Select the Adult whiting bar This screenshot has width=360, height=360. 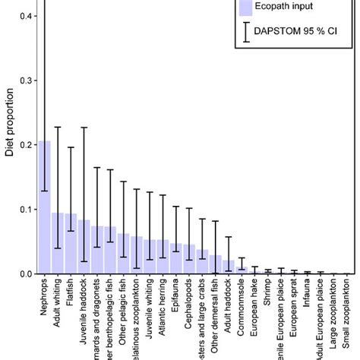[x=58, y=243]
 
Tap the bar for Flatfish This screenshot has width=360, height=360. [x=71, y=244]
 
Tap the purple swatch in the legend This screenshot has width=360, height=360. [x=245, y=8]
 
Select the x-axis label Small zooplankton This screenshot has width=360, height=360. [x=347, y=316]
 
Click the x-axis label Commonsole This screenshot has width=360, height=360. [x=242, y=305]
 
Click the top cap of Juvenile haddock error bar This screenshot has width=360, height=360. [x=84, y=128]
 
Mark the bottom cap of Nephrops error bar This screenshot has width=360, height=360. [x=45, y=191]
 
